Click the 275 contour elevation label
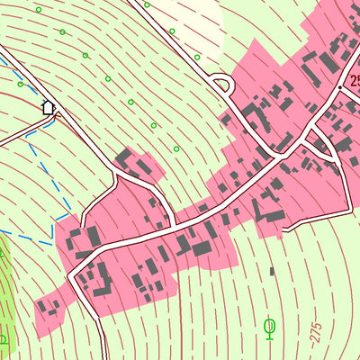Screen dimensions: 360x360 [x=316, y=331]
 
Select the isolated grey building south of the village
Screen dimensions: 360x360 [x=272, y=270]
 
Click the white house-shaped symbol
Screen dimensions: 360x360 [x=49, y=107]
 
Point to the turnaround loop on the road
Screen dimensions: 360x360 [x=222, y=85]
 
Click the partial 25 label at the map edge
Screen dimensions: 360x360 [x=352, y=80]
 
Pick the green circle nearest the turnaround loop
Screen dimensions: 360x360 [x=198, y=58]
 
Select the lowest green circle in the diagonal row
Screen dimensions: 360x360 [x=176, y=148]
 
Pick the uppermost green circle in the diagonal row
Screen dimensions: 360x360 [x=39, y=9]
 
